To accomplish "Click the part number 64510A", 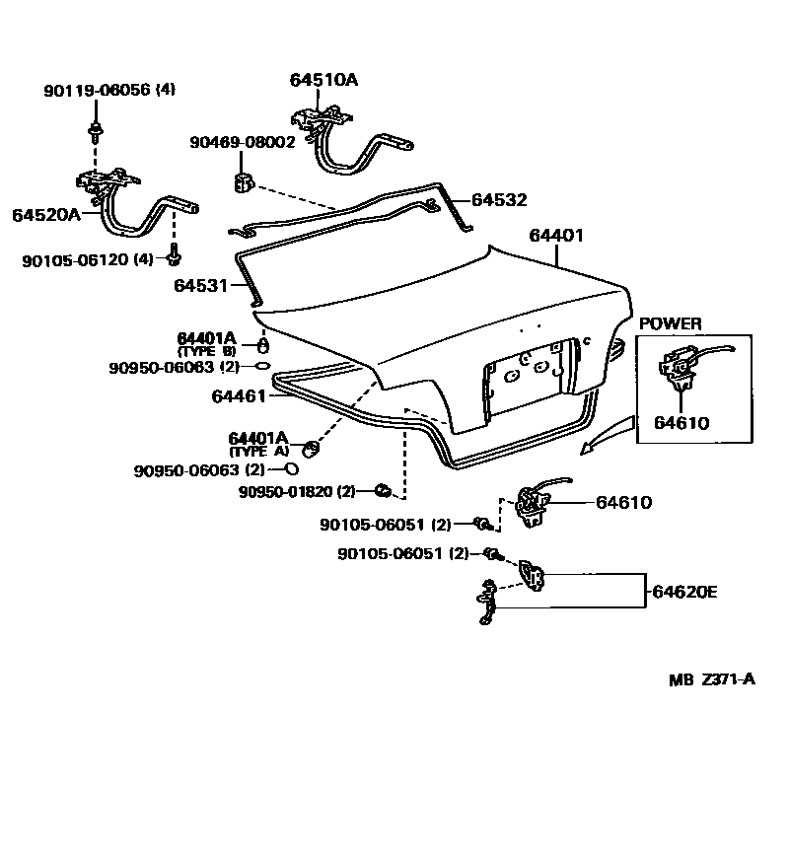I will point(323,80).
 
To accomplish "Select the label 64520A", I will point(45,214).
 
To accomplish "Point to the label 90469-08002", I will point(243,142).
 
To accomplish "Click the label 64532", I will point(499,200).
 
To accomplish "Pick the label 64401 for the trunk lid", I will point(556,236).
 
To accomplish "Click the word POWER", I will point(671,323).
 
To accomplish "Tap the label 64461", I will point(239,395).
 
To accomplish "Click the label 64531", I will point(201,286).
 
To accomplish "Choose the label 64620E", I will point(683,592).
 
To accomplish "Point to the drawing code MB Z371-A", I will point(712,678).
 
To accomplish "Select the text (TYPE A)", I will point(259,451).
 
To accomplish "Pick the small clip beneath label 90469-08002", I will point(244,181).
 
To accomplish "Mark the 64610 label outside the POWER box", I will point(623,502).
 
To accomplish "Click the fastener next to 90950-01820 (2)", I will point(385,490).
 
